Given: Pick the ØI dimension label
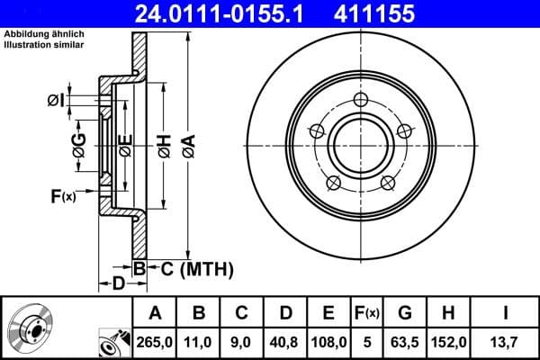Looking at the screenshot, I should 57,100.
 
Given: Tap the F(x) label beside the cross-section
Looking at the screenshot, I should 63,194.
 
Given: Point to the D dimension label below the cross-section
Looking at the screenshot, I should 117,284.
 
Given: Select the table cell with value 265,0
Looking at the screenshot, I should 155,343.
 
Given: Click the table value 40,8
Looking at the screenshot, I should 285,343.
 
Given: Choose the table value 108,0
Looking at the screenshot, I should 328,343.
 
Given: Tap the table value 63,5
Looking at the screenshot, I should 405,343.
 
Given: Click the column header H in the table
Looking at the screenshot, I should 448,313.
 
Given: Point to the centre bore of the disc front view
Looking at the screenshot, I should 358,141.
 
